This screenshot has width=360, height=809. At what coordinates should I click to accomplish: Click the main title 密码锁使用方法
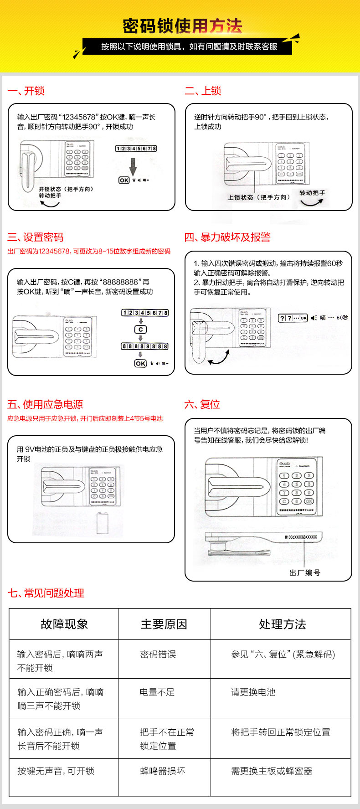[182, 26]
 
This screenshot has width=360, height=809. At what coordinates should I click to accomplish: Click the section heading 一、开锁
[26, 91]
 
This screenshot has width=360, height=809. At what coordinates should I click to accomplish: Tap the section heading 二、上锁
[203, 91]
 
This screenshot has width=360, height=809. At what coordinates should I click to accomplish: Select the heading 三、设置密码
[36, 237]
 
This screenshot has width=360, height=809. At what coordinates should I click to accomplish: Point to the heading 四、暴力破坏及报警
[227, 237]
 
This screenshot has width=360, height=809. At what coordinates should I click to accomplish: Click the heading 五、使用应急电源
[45, 404]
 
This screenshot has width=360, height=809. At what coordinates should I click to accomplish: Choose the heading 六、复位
[202, 404]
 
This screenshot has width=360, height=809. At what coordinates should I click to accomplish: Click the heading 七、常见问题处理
[46, 593]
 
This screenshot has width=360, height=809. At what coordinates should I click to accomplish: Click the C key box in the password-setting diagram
[141, 330]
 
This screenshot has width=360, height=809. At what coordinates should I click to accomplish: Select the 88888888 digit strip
[144, 346]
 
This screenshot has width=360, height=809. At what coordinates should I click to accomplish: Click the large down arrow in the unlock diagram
[133, 166]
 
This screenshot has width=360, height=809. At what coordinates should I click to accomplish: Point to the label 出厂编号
[304, 572]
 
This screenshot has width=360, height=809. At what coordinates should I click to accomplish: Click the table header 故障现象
[64, 624]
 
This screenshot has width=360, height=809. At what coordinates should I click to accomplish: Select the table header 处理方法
[283, 624]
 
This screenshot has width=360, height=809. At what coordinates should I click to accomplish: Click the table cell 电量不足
[157, 692]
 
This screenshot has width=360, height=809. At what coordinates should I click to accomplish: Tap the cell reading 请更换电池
[253, 692]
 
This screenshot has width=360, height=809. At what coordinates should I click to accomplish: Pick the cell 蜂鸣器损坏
[163, 771]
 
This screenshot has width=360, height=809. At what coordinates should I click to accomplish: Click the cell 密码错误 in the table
[158, 654]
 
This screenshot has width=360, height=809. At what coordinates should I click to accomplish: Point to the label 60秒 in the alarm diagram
[342, 318]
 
